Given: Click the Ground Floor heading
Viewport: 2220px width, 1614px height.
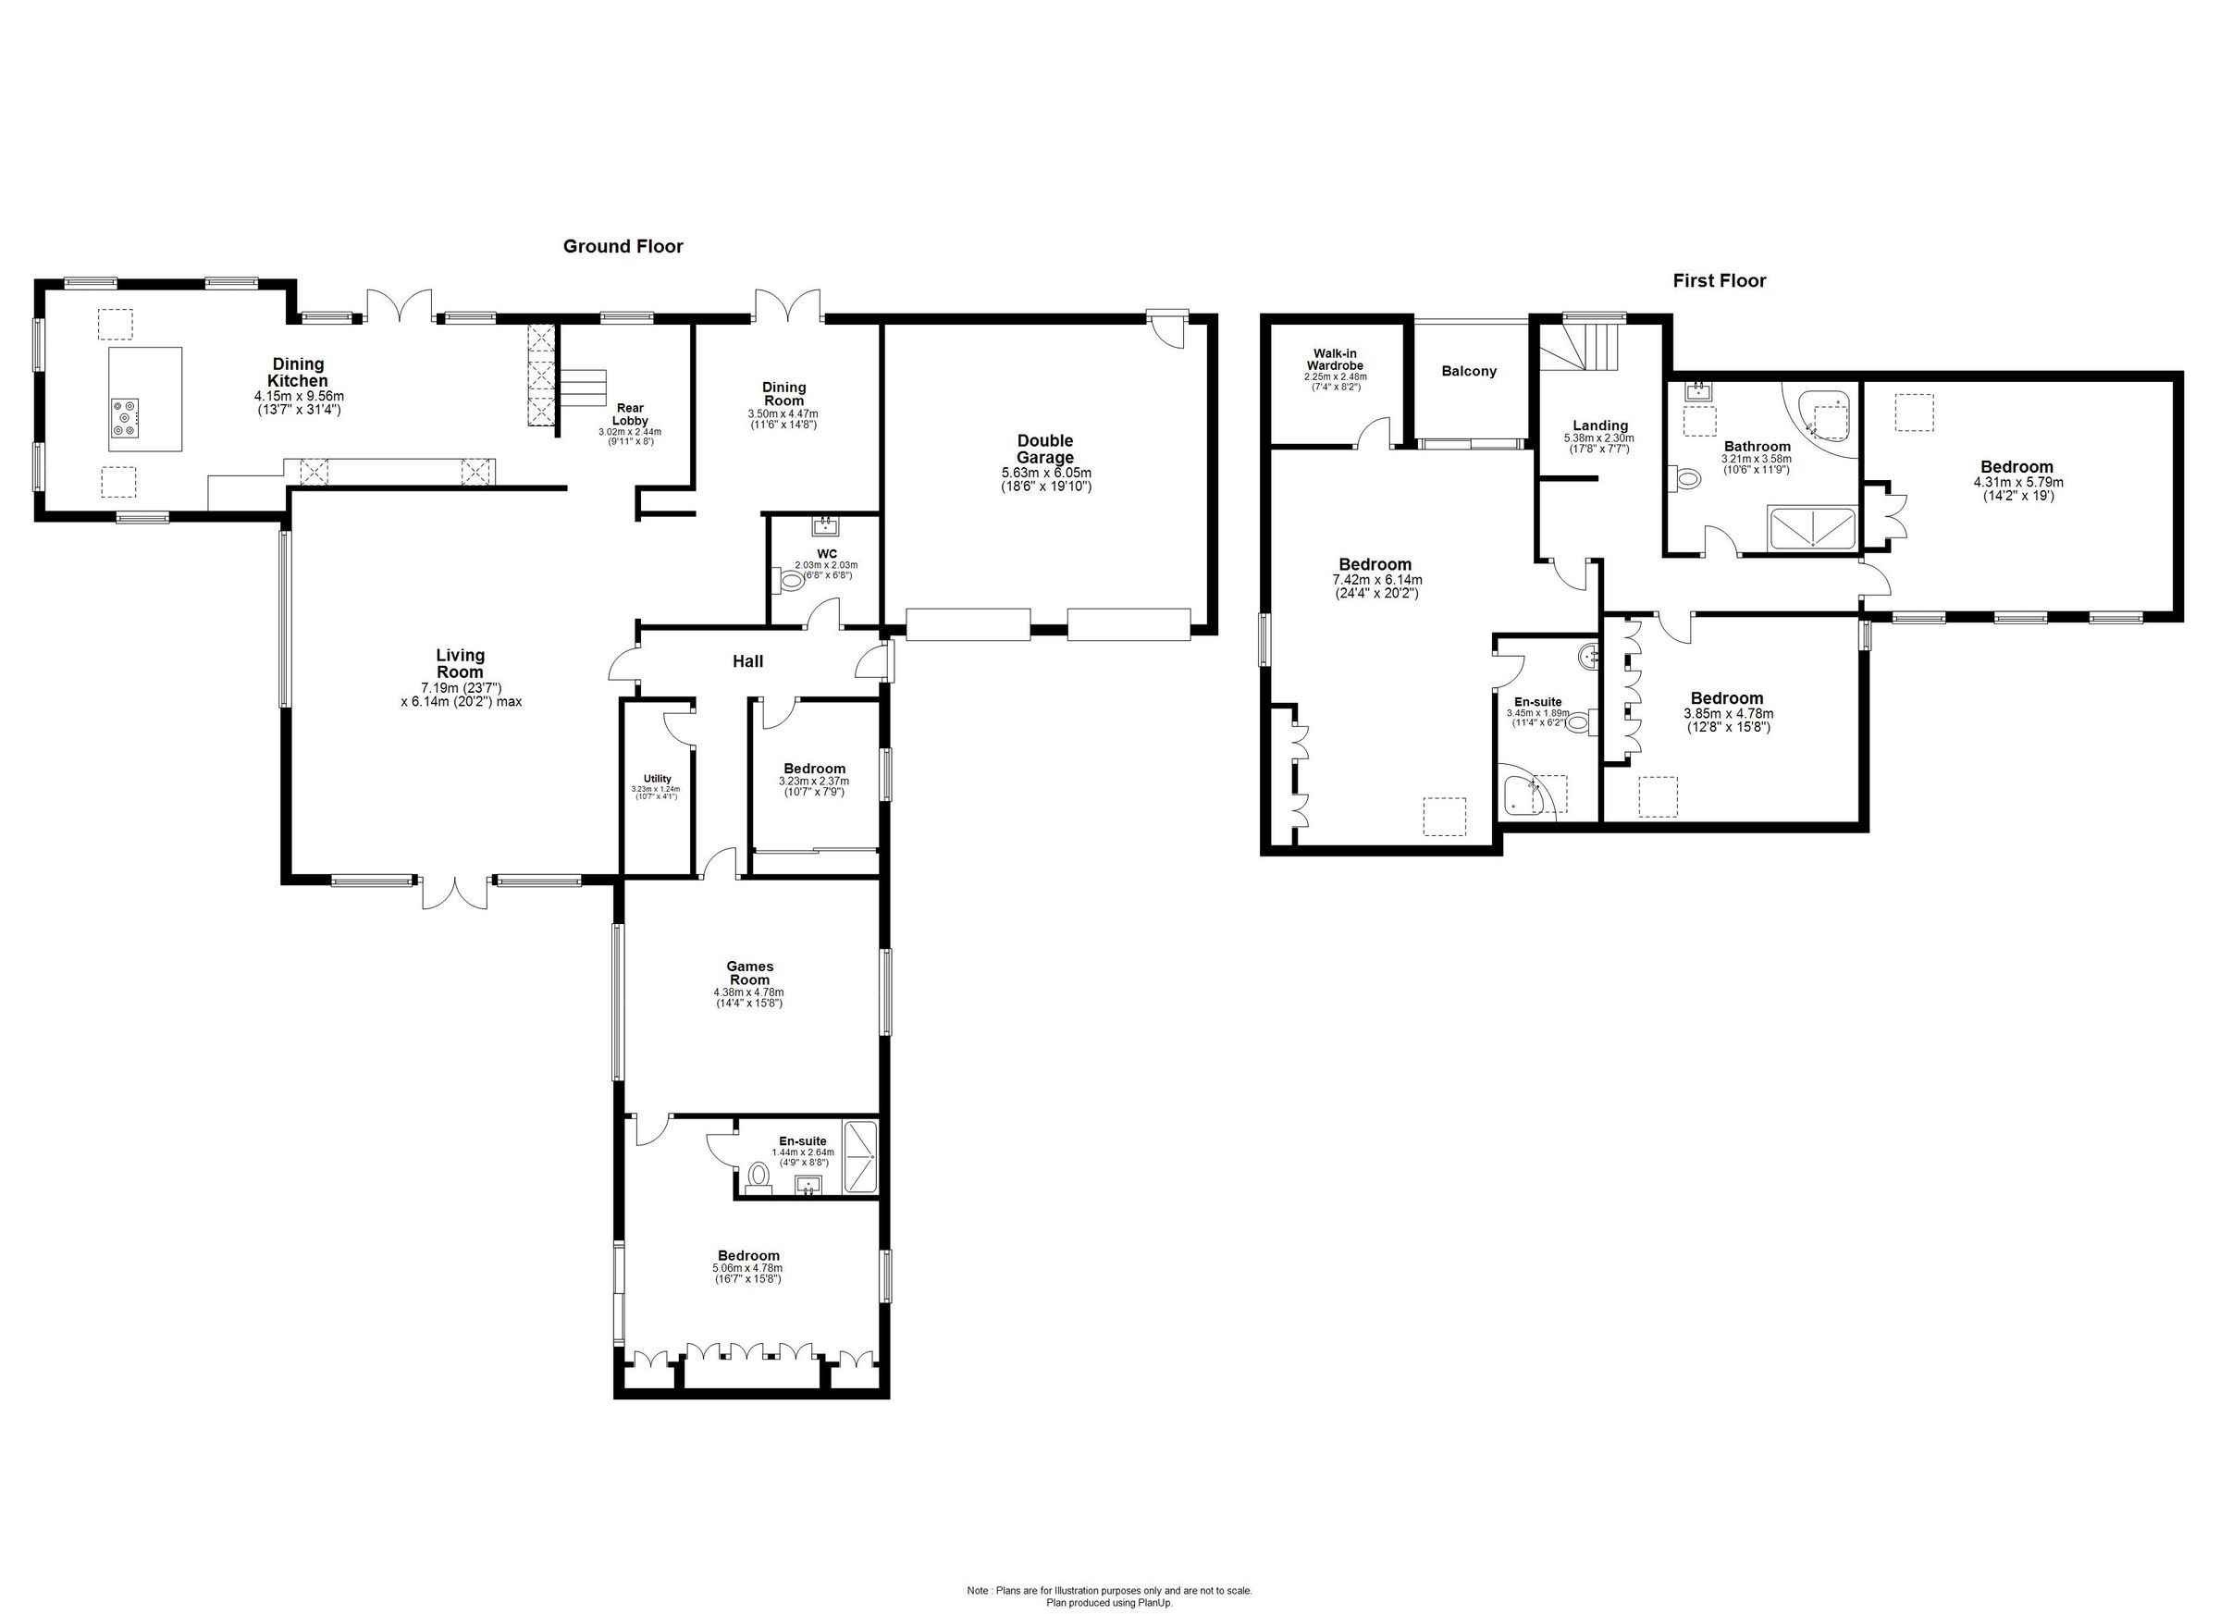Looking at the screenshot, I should click(x=623, y=247).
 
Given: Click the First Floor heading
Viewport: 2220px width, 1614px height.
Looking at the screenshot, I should click(x=1719, y=281).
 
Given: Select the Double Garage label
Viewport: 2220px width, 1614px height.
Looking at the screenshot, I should click(x=1044, y=450).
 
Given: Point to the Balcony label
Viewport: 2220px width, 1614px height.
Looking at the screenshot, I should click(x=1468, y=371).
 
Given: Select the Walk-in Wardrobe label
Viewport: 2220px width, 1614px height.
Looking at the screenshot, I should click(x=1335, y=359).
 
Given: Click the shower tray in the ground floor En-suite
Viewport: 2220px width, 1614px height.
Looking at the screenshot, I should click(x=861, y=1158).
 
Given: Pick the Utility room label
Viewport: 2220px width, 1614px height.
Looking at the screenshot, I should click(x=657, y=779).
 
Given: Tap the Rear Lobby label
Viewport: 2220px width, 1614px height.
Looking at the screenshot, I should click(x=629, y=414).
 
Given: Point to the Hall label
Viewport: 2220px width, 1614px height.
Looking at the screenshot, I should click(x=747, y=661).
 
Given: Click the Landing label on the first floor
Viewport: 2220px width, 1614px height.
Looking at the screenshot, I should click(x=1599, y=425).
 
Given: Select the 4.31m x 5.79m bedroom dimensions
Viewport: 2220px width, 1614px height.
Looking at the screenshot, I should click(x=2016, y=483).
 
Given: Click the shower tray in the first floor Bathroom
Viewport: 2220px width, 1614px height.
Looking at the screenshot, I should click(x=1813, y=527).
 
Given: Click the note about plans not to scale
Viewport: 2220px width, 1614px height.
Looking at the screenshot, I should click(x=1109, y=1591).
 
